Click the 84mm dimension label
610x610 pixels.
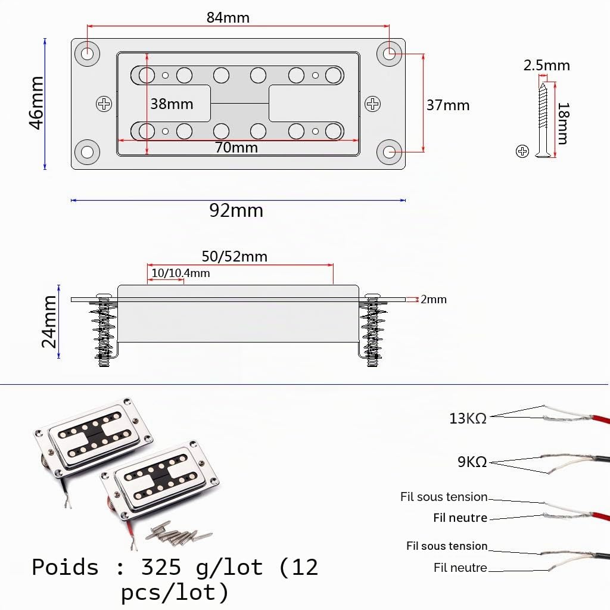[x=228, y=17]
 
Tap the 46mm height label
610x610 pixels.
[x=36, y=102]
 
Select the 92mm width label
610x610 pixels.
[x=236, y=210]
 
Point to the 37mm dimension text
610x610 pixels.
[x=448, y=105]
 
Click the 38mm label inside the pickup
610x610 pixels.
[x=172, y=104]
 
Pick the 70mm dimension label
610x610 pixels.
[x=236, y=148]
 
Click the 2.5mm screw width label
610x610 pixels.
[x=546, y=66]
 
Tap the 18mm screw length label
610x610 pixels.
[x=564, y=123]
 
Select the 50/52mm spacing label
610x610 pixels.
[x=234, y=257]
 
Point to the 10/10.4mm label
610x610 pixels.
[x=180, y=273]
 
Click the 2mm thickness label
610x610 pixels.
[x=434, y=299]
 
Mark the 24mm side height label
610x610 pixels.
[x=49, y=321]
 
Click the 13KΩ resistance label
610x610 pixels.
[x=468, y=419]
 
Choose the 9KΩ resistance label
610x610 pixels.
[x=472, y=462]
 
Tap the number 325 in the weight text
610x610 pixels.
[x=161, y=567]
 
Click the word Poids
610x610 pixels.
[x=65, y=567]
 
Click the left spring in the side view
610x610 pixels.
[x=103, y=331]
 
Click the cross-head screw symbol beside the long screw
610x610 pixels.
[x=522, y=151]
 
